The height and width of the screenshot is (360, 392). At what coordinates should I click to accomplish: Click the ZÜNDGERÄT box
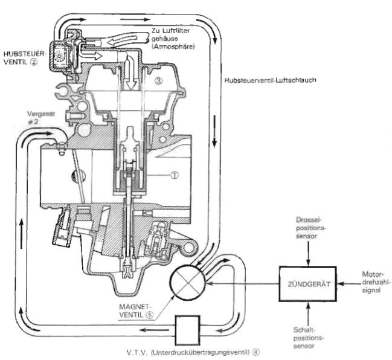pos(308,284)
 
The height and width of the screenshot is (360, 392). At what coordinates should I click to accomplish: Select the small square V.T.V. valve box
pos(187,330)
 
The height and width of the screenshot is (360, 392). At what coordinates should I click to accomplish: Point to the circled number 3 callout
pos(158,80)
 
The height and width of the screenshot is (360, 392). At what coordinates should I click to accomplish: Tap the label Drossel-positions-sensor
pos(310,228)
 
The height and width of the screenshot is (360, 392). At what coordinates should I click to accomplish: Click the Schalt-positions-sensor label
pos(308,338)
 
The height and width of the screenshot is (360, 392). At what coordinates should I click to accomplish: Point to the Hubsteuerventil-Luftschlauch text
pos(270,80)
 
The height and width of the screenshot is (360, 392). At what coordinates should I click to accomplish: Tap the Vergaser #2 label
pos(40,118)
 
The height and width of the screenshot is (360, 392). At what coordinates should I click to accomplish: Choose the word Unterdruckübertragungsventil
pos(201,352)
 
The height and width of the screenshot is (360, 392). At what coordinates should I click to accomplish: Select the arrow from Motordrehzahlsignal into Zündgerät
pos(349,284)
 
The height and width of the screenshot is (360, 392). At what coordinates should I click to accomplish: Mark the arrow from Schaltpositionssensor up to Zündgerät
pos(308,314)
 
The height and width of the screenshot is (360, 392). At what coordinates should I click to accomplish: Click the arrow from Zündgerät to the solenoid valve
pos(243,284)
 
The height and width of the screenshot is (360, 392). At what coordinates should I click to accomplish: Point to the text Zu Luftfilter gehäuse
pos(171,35)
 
